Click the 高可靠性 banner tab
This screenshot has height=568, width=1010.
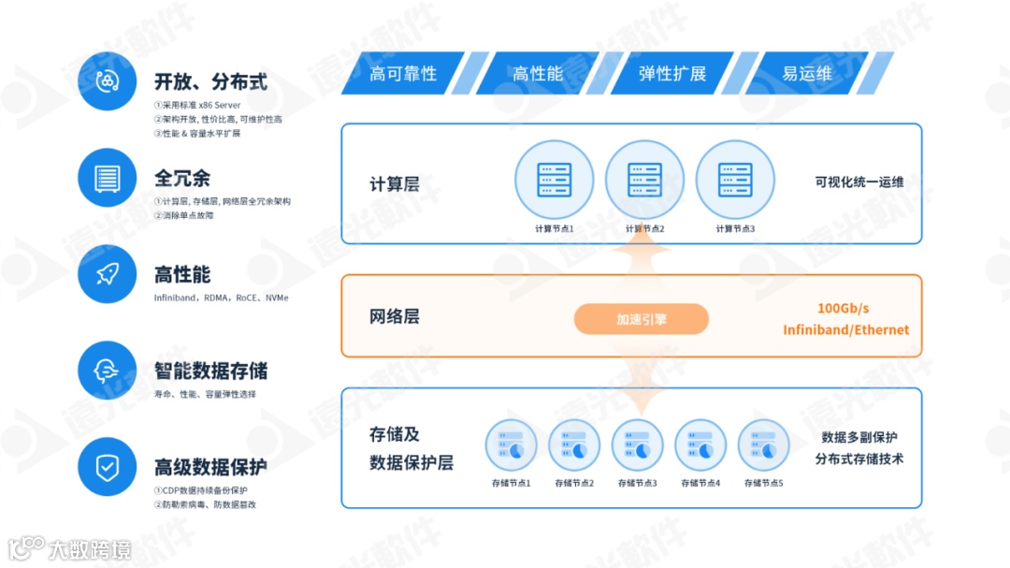coord(403,73)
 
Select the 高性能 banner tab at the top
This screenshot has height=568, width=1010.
coord(538,73)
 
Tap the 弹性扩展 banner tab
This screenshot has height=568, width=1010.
coord(672,73)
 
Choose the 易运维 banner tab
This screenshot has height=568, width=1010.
coord(807,73)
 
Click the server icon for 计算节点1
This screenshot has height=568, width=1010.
coord(554,180)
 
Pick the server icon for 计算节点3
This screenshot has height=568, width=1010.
coord(735,180)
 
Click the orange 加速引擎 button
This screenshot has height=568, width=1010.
coord(642,319)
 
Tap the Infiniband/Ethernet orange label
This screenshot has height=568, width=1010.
coord(845,329)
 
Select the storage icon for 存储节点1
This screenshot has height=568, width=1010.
coord(511,445)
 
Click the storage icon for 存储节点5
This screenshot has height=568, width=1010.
coord(763,445)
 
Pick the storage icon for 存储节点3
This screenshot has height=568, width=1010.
coord(637,445)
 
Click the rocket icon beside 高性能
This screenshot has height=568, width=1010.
coord(107,274)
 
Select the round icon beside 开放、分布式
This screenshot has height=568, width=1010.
coord(107,81)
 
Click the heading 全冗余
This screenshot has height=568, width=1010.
coord(182,178)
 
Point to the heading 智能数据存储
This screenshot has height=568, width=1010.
coord(210,371)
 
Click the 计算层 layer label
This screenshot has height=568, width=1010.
coord(394,184)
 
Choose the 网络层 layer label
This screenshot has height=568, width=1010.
coord(394,316)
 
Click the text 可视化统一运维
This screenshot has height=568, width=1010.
coord(858,182)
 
